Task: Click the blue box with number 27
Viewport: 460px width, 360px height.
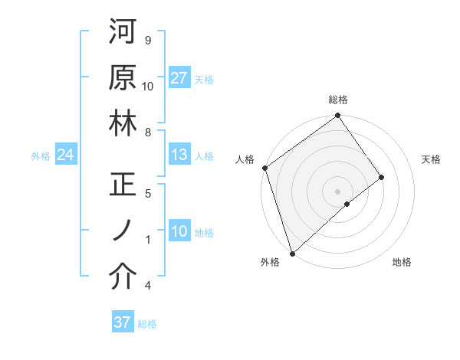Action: [x=179, y=79]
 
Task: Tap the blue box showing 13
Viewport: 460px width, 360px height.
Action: [x=179, y=155]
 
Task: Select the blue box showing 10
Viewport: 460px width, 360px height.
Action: [x=179, y=232]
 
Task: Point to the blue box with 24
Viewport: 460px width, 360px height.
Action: [x=65, y=155]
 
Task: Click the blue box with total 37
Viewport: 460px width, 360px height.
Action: [x=123, y=322]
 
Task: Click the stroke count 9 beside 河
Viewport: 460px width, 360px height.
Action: [x=147, y=40]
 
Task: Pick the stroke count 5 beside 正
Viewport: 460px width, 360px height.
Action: [x=147, y=193]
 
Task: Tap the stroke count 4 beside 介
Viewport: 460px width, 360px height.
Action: [x=147, y=286]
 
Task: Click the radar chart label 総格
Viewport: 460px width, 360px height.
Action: [x=338, y=100]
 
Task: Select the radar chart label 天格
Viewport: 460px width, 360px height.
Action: [x=431, y=159]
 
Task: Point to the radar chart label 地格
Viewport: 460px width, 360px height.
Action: [x=402, y=262]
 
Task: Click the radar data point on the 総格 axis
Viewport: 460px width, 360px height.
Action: [x=338, y=116]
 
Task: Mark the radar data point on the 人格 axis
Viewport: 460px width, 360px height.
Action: [x=264, y=168]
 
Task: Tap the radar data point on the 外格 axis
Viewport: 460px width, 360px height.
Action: [x=292, y=253]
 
